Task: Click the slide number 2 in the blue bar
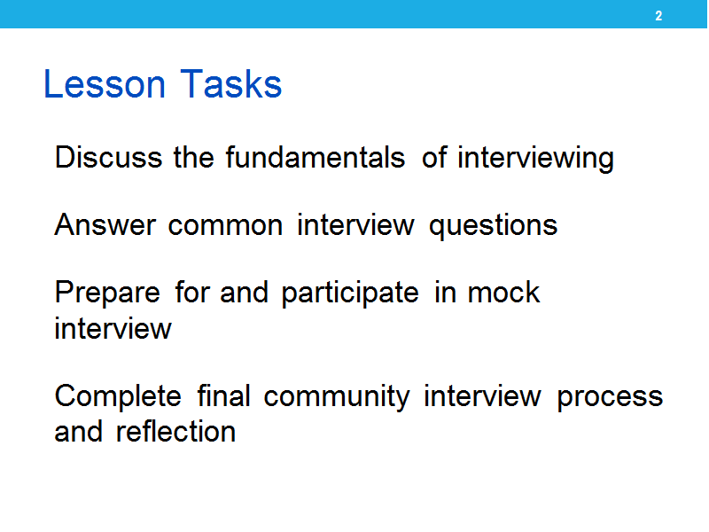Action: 658,16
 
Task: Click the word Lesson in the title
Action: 105,83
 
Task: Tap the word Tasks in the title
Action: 231,83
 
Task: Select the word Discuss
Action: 108,158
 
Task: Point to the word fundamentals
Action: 316,158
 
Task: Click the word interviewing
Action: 536,159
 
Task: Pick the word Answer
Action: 105,225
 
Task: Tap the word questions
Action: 494,226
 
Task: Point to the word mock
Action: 503,293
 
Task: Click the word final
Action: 224,395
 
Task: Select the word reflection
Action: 175,431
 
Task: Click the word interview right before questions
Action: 355,225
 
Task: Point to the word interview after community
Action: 482,395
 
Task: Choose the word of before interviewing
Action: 434,157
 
